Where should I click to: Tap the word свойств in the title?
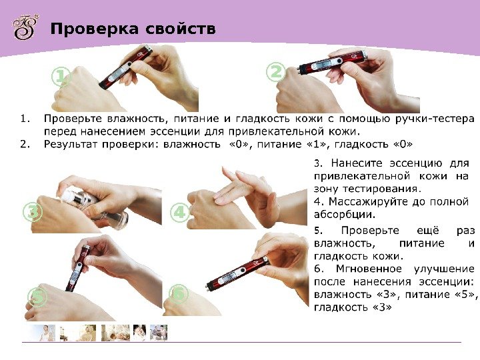(181, 29)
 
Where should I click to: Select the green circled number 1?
(61, 77)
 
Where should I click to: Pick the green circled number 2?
(275, 72)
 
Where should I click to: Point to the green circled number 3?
(33, 212)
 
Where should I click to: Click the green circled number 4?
(180, 212)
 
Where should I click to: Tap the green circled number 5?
(37, 296)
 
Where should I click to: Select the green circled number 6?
(179, 293)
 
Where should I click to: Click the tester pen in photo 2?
(331, 63)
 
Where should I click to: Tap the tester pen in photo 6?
(237, 274)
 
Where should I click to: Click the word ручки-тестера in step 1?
(435, 119)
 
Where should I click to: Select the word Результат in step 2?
(71, 145)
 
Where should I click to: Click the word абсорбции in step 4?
(345, 215)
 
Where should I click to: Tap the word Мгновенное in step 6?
(369, 269)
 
